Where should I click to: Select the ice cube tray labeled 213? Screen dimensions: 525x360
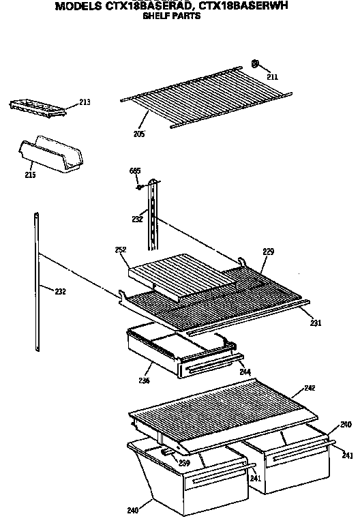pyautogui.click(x=40, y=106)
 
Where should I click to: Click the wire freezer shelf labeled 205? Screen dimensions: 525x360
pyautogui.click(x=205, y=95)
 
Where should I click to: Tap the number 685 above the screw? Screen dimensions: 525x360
pyautogui.click(x=136, y=171)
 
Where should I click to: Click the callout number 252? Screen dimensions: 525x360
pyautogui.click(x=121, y=250)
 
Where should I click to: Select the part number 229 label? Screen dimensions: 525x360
pyautogui.click(x=268, y=252)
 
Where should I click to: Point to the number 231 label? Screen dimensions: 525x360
pyautogui.click(x=316, y=322)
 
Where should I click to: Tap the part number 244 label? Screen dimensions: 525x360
pyautogui.click(x=245, y=372)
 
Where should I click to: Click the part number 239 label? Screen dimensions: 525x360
pyautogui.click(x=183, y=464)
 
